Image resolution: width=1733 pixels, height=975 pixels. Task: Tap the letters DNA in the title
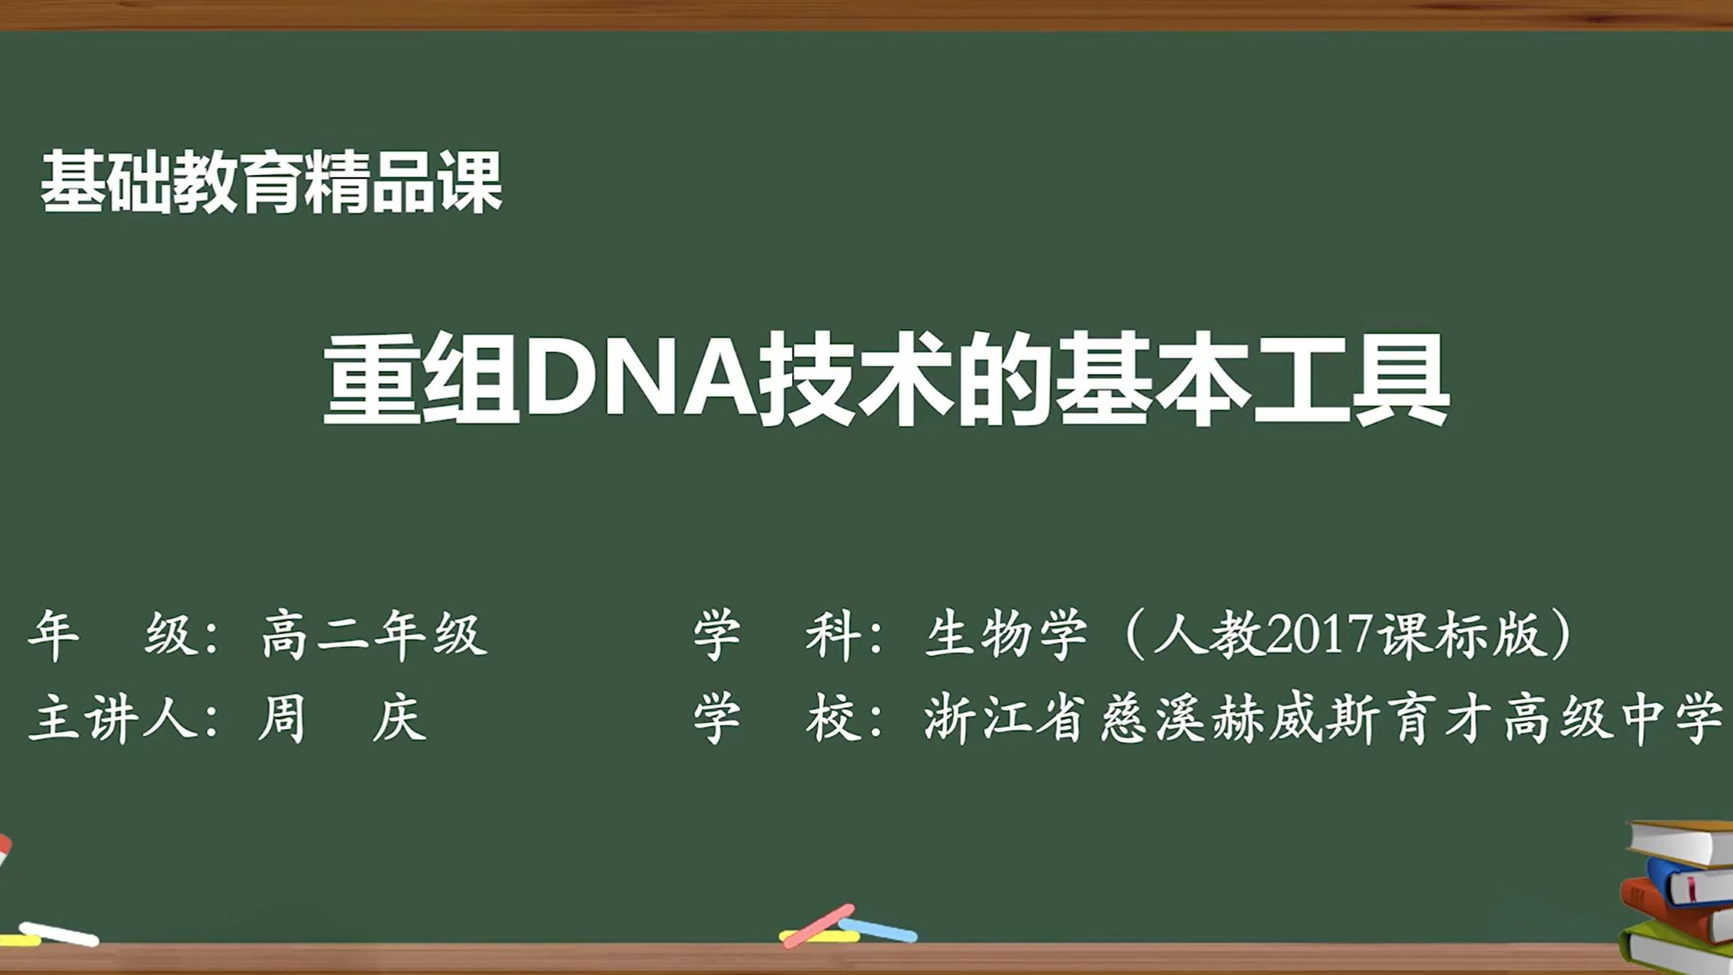(x=640, y=379)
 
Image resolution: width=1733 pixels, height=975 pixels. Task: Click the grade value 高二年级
(x=374, y=634)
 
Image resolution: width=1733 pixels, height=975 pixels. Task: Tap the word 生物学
(x=1006, y=634)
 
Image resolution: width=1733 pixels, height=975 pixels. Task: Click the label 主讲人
(x=115, y=718)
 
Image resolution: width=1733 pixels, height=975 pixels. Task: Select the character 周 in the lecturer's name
(x=283, y=718)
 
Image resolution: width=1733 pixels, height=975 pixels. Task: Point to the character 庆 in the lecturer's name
(x=399, y=718)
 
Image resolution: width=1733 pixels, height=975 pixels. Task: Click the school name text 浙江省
(x=1004, y=718)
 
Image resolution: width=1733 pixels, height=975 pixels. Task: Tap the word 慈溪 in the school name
(x=1153, y=718)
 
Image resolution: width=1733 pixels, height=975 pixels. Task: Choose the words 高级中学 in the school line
(x=1612, y=718)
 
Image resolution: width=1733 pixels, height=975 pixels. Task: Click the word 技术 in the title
(x=855, y=379)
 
